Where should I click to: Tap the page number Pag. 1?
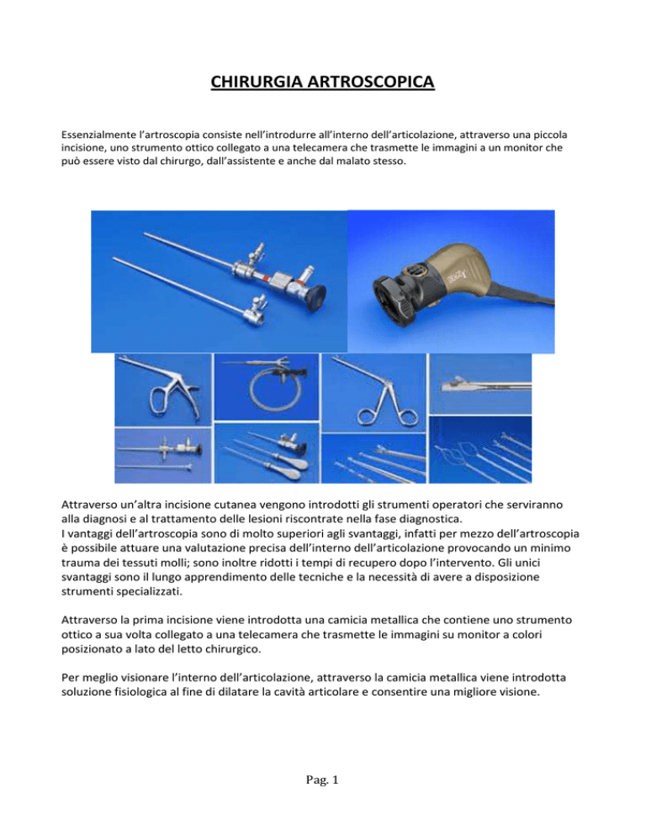pos(322,780)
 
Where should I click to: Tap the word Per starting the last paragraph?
pos(69,678)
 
